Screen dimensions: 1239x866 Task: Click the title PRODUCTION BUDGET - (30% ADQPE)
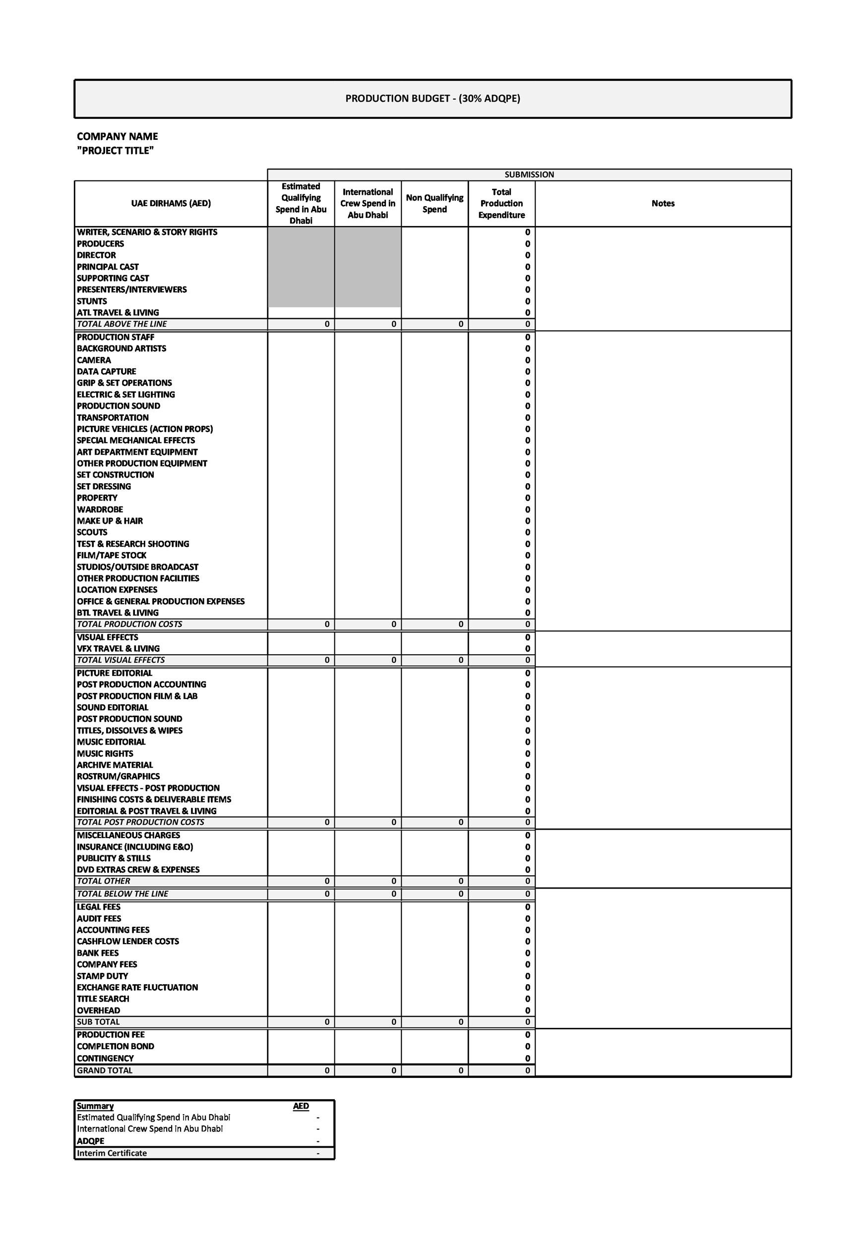433,98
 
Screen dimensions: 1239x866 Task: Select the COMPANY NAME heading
117,136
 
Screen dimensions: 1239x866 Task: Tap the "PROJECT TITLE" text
115,151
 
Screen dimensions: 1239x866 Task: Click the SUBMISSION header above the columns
529,174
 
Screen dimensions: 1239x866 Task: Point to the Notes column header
663,203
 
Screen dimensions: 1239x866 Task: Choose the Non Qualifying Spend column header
434,203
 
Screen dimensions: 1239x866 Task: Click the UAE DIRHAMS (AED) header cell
171,203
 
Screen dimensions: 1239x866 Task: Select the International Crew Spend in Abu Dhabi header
368,203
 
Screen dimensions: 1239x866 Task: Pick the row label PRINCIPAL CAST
108,267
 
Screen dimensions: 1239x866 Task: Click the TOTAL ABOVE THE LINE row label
122,324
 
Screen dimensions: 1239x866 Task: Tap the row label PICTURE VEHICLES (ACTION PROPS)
145,429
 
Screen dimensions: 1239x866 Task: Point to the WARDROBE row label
100,509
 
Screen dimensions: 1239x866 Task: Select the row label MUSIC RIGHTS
105,753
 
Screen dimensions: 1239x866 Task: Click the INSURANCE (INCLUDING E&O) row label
135,846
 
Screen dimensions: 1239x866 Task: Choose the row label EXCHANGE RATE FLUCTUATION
137,987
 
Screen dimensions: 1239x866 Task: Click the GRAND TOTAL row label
104,1070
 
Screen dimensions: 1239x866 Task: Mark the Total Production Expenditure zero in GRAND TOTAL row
527,1070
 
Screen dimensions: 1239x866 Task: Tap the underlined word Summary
95,1106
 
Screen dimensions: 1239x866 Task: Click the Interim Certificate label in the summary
112,1153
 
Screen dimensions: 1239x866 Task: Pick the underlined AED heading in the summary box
301,1106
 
